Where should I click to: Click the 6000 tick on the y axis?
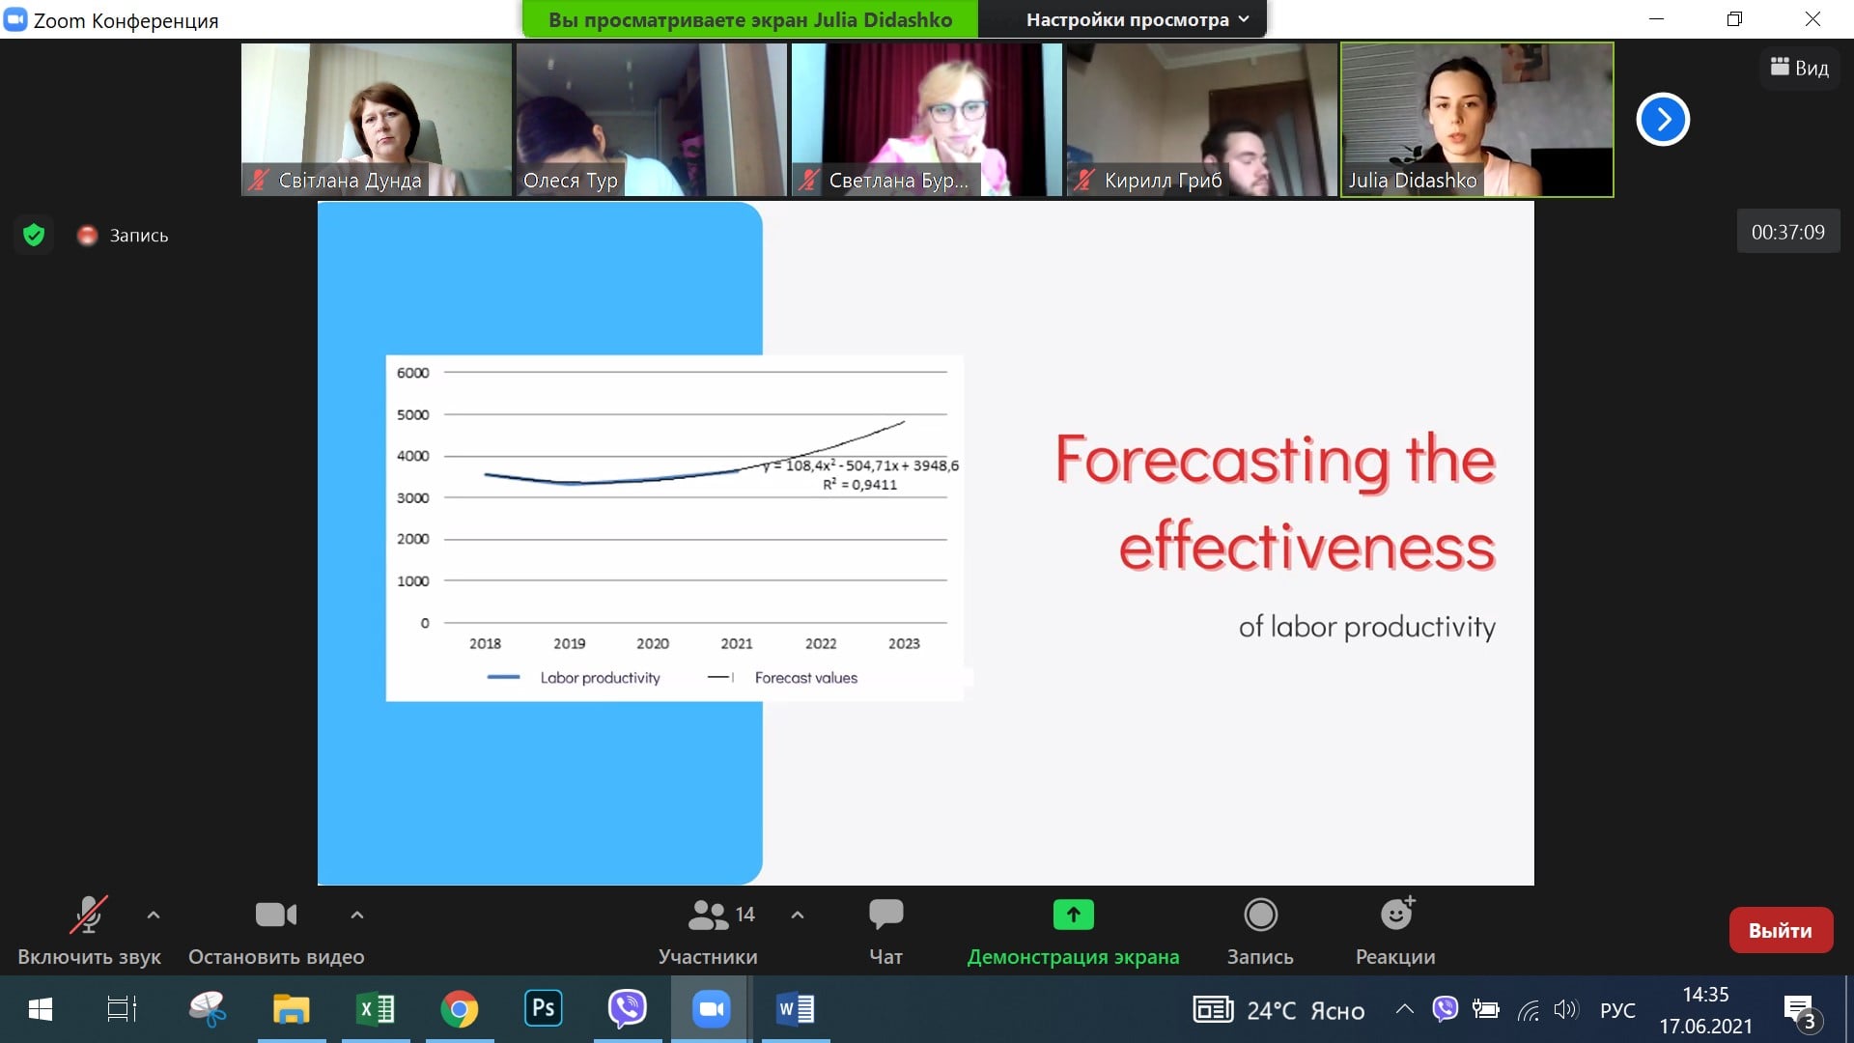tap(412, 373)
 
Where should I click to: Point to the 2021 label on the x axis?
tap(737, 643)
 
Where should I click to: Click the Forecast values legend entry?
tap(783, 678)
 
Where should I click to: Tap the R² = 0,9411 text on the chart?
tap(859, 485)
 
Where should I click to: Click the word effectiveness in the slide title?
tap(1307, 547)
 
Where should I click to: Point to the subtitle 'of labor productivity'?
tap(1367, 628)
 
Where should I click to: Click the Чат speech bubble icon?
tap(885, 914)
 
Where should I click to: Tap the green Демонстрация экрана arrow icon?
tap(1073, 914)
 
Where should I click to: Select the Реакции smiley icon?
tap(1397, 913)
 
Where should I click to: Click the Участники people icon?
tap(708, 915)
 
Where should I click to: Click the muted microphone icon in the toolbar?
tap(88, 915)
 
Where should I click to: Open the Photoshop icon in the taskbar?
tap(544, 1009)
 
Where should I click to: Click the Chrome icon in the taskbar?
tap(460, 1010)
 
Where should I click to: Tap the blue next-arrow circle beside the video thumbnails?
tap(1663, 120)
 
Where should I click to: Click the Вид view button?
tap(1800, 68)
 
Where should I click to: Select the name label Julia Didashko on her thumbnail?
tap(1413, 181)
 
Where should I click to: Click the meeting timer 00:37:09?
tap(1788, 233)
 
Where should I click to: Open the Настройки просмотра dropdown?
tap(1138, 19)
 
